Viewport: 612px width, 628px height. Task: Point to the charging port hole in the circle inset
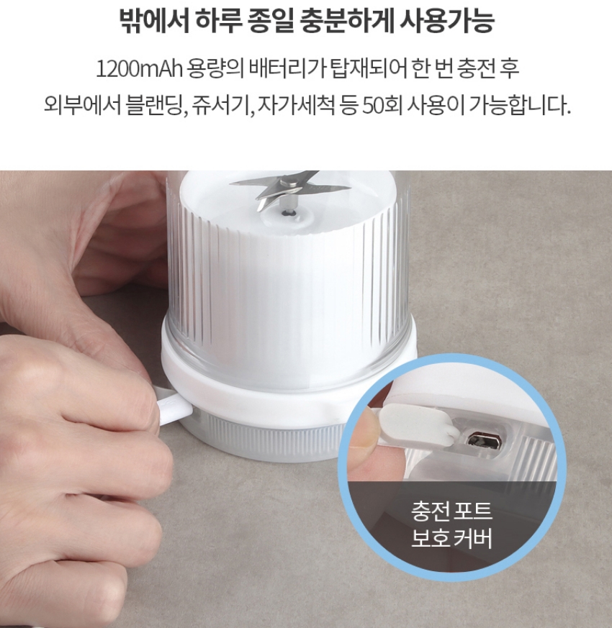[x=477, y=440]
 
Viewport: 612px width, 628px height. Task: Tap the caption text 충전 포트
[x=451, y=514]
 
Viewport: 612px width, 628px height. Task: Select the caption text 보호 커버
[x=451, y=540]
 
